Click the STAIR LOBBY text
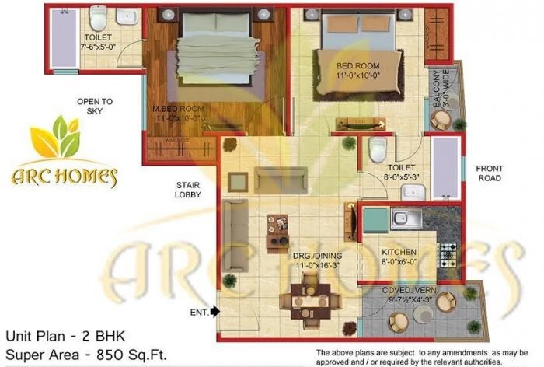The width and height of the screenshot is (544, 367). pyautogui.click(x=188, y=190)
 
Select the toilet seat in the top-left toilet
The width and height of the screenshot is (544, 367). pyautogui.click(x=98, y=16)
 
